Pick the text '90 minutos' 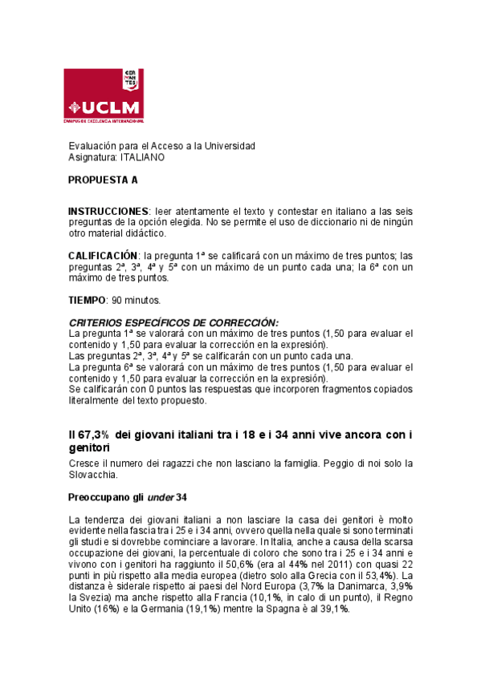tap(137, 300)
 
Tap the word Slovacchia tap(94, 476)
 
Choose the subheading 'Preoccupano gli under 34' tap(128, 497)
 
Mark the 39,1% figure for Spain tap(332, 609)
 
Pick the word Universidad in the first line tap(229, 146)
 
